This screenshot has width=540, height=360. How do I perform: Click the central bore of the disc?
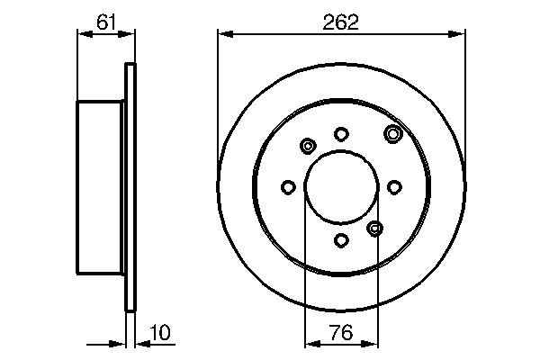[x=341, y=187]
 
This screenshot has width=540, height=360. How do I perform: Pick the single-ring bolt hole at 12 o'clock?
[x=341, y=134]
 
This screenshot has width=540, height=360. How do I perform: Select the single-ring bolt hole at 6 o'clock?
[x=341, y=240]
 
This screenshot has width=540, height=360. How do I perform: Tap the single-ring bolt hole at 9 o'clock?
[x=288, y=187]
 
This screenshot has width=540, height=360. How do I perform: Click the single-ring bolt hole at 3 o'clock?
[x=394, y=187]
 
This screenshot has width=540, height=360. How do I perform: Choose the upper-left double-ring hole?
[x=309, y=146]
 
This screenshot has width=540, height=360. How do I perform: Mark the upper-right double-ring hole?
[x=392, y=134]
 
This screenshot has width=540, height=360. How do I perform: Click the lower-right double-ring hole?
[x=374, y=228]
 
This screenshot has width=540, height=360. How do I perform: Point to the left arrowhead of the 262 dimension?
[x=222, y=34]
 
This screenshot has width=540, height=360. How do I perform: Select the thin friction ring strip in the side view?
[x=130, y=187]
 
